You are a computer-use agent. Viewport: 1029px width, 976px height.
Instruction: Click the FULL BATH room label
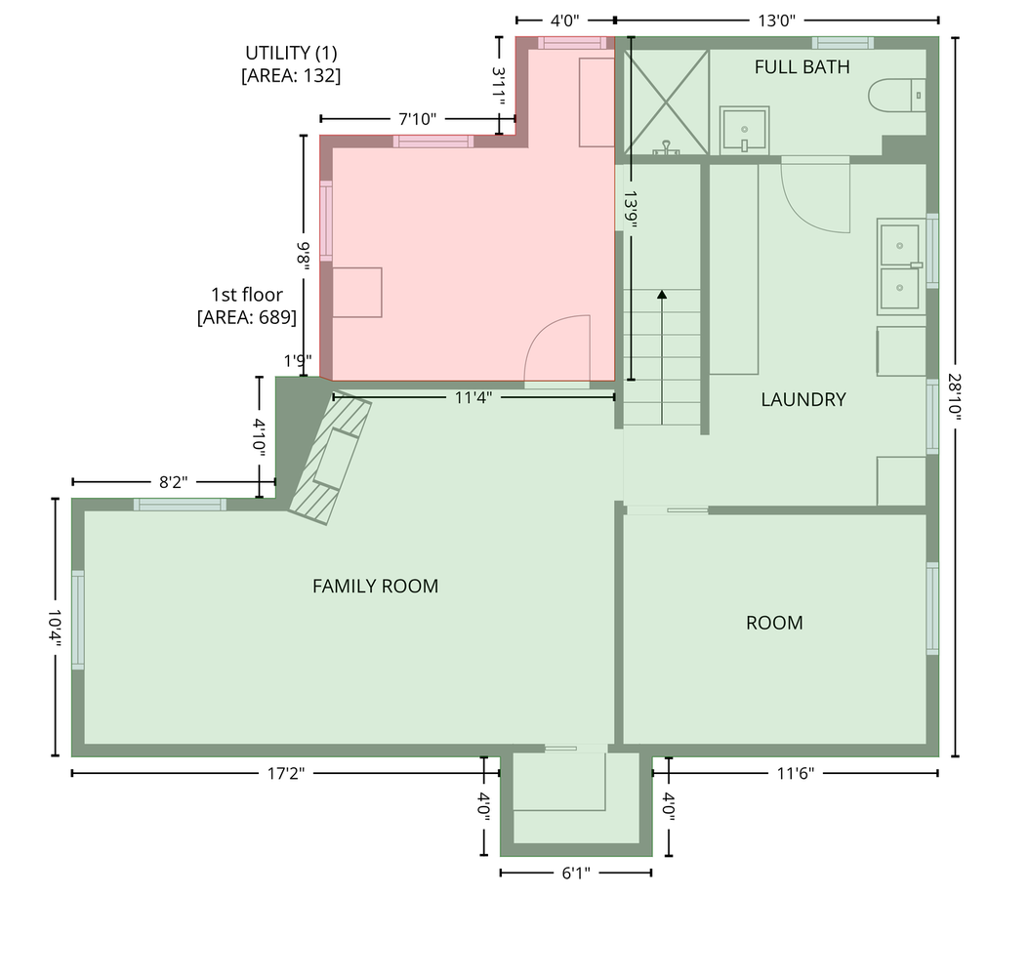(x=802, y=67)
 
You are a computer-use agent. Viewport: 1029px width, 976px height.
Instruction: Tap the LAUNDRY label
(x=803, y=399)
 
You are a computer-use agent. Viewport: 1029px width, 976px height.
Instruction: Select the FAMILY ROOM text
(x=375, y=586)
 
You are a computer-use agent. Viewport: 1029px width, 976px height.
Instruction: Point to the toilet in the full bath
(x=896, y=96)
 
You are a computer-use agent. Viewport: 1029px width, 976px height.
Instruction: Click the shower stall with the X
(x=666, y=102)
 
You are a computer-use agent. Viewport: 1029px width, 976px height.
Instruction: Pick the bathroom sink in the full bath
(x=744, y=130)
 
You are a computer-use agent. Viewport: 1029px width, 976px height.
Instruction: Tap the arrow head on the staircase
(x=662, y=295)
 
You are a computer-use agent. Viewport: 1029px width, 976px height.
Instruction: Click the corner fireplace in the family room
(x=330, y=458)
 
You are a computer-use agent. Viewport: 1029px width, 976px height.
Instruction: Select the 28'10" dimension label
(x=954, y=397)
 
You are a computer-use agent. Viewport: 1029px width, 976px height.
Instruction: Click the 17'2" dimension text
(x=286, y=773)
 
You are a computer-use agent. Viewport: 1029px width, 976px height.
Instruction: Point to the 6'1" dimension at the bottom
(x=576, y=873)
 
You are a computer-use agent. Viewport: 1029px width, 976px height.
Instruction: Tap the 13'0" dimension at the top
(x=776, y=20)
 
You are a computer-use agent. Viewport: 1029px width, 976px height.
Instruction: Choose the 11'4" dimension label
(x=473, y=397)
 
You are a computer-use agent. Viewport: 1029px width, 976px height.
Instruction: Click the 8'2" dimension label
(x=173, y=482)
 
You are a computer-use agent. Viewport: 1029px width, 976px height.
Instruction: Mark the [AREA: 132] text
(x=291, y=75)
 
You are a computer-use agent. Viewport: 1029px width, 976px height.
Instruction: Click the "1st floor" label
(x=247, y=295)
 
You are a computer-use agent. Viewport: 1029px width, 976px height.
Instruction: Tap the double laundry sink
(x=900, y=266)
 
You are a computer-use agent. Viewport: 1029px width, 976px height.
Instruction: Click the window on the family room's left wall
(x=78, y=620)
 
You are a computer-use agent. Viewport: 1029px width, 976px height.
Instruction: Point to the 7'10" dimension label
(x=418, y=119)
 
